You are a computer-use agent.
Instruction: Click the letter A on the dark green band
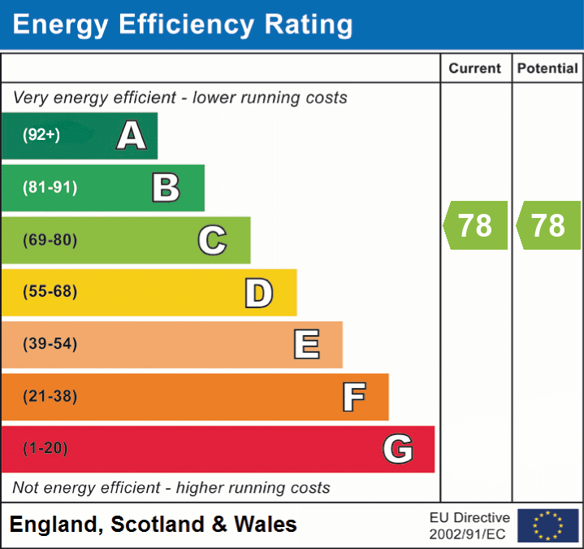click(132, 136)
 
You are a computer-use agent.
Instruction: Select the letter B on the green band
click(166, 188)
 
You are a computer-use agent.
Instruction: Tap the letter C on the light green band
click(212, 240)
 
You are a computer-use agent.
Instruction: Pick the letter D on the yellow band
click(258, 293)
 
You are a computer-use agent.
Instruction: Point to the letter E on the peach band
click(306, 345)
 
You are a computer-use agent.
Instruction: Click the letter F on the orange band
click(353, 397)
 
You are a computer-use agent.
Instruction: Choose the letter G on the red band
click(398, 449)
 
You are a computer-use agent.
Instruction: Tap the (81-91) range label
click(50, 188)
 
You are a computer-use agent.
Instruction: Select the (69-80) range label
click(50, 240)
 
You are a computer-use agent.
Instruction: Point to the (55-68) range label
click(50, 292)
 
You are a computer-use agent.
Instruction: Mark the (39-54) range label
click(50, 344)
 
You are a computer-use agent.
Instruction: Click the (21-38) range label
click(50, 397)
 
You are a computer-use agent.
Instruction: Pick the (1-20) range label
click(45, 449)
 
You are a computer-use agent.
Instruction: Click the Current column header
click(475, 69)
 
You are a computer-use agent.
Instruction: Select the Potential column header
click(547, 69)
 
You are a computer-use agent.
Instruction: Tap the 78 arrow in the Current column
click(476, 225)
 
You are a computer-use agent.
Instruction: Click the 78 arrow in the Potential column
click(548, 225)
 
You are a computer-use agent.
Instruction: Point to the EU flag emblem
click(547, 525)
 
